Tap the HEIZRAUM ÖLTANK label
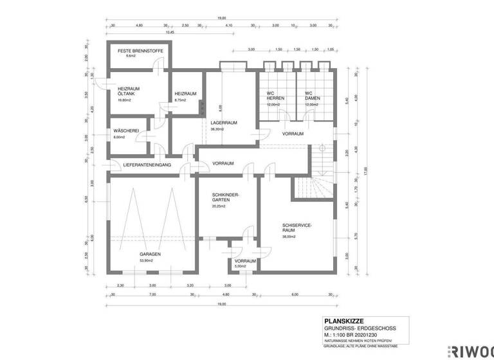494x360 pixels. pos(129,92)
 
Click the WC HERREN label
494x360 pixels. pos(275,96)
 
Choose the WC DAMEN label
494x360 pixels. pos(313,96)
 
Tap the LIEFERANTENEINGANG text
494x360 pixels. pos(142,166)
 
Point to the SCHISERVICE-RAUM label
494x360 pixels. pos(297,227)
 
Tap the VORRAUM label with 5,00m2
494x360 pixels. pos(245,261)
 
